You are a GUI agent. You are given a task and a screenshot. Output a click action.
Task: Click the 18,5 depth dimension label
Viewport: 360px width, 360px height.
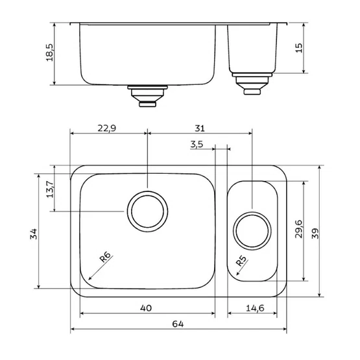(49, 53)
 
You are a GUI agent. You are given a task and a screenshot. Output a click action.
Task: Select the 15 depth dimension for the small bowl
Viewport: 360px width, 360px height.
(298, 48)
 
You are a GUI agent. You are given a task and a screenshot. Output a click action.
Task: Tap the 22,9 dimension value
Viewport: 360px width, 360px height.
(107, 128)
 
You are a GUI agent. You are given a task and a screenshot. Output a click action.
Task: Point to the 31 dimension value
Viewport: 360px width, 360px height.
(200, 128)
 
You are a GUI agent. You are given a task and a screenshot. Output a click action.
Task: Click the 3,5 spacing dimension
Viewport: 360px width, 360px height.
(197, 145)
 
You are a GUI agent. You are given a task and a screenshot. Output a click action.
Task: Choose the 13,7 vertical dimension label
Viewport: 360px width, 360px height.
(50, 189)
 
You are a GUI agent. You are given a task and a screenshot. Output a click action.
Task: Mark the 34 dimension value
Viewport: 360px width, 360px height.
(33, 234)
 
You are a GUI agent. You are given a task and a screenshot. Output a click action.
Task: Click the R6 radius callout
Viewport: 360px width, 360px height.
(105, 257)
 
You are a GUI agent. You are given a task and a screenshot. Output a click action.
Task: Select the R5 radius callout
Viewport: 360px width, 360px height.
(241, 261)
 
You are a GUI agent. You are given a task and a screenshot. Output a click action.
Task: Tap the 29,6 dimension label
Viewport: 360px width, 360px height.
(298, 229)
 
